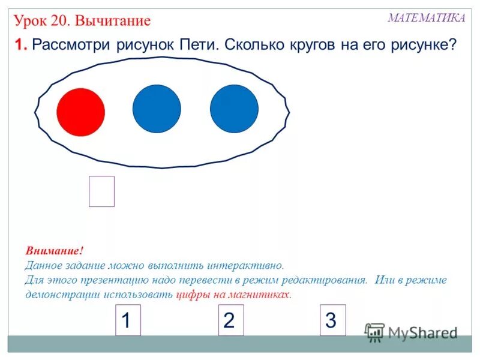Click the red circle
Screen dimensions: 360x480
tap(81, 112)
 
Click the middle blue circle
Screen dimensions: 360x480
tap(157, 109)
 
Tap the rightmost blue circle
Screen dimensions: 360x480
tap(234, 109)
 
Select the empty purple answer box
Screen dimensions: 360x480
tap(101, 191)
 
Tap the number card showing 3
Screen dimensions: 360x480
tap(331, 320)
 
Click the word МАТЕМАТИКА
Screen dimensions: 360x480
tap(426, 18)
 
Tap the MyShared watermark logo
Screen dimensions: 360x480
tap(412, 332)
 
